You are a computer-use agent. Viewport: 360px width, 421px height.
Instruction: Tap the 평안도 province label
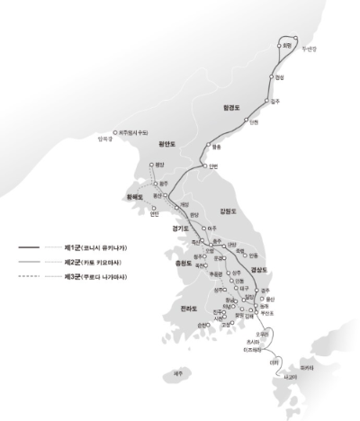166,142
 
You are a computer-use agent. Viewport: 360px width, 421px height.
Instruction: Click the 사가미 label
289,378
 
